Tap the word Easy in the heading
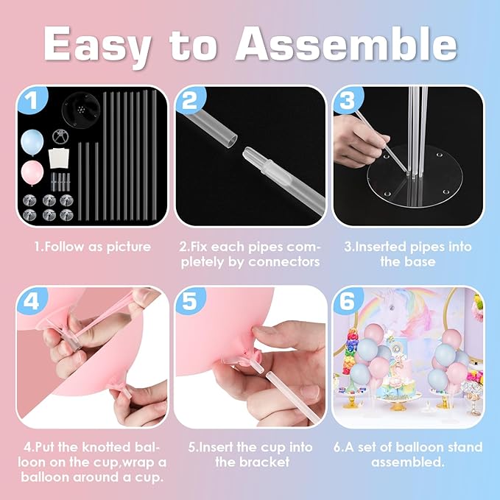click(97, 47)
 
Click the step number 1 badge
click(32, 100)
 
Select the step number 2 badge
click(190, 100)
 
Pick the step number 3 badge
click(348, 100)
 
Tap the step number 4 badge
click(32, 300)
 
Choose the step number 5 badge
click(190, 300)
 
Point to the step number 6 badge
click(348, 300)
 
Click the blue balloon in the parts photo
click(32, 142)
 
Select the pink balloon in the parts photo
click(32, 173)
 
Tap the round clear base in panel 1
click(79, 110)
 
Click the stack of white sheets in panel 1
click(59, 158)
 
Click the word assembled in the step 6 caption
click(407, 462)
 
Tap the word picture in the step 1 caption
click(129, 247)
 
